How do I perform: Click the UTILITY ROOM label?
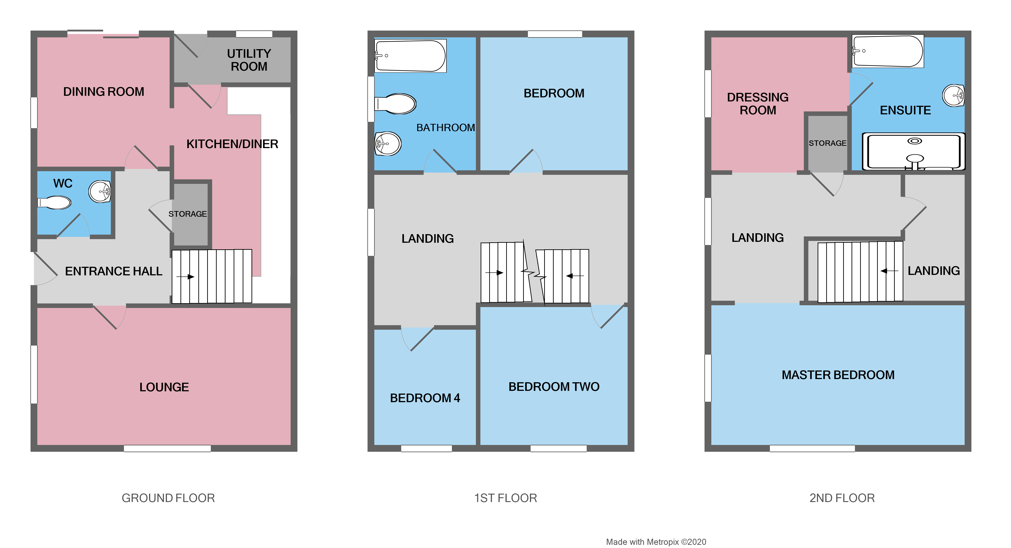coord(249,60)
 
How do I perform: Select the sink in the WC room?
coord(100,192)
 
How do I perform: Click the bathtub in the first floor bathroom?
coord(410,56)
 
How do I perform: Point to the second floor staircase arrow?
coord(889,271)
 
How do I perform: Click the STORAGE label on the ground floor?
coord(187,214)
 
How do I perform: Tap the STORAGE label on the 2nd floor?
coord(827,143)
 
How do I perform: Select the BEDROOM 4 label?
coord(425,398)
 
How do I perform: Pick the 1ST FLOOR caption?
coord(505,498)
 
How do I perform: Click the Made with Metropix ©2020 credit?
coord(656,542)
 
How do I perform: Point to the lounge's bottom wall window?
coord(167,448)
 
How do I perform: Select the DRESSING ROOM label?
coord(757,104)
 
